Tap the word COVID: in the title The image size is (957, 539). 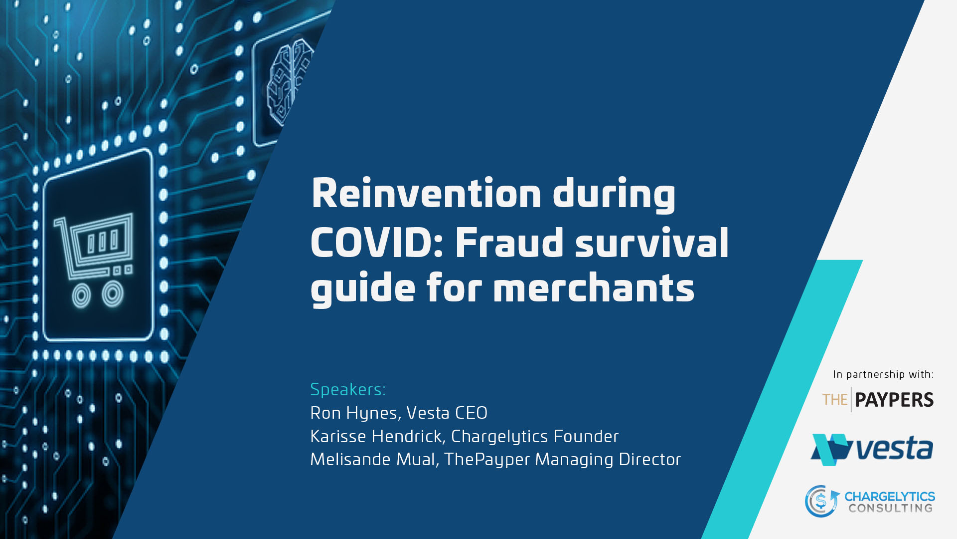tap(377, 242)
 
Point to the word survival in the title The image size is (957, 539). tap(652, 242)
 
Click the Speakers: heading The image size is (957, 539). tap(348, 389)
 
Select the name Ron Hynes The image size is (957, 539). tap(353, 413)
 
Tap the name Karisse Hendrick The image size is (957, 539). tap(376, 436)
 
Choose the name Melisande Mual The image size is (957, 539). tap(373, 459)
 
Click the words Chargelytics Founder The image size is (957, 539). tap(535, 437)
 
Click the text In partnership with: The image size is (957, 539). tap(883, 374)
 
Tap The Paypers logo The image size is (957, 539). tap(878, 400)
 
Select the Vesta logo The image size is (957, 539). tap(872, 449)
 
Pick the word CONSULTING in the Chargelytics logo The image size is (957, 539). tap(891, 508)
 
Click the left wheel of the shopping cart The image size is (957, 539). tap(81, 295)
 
